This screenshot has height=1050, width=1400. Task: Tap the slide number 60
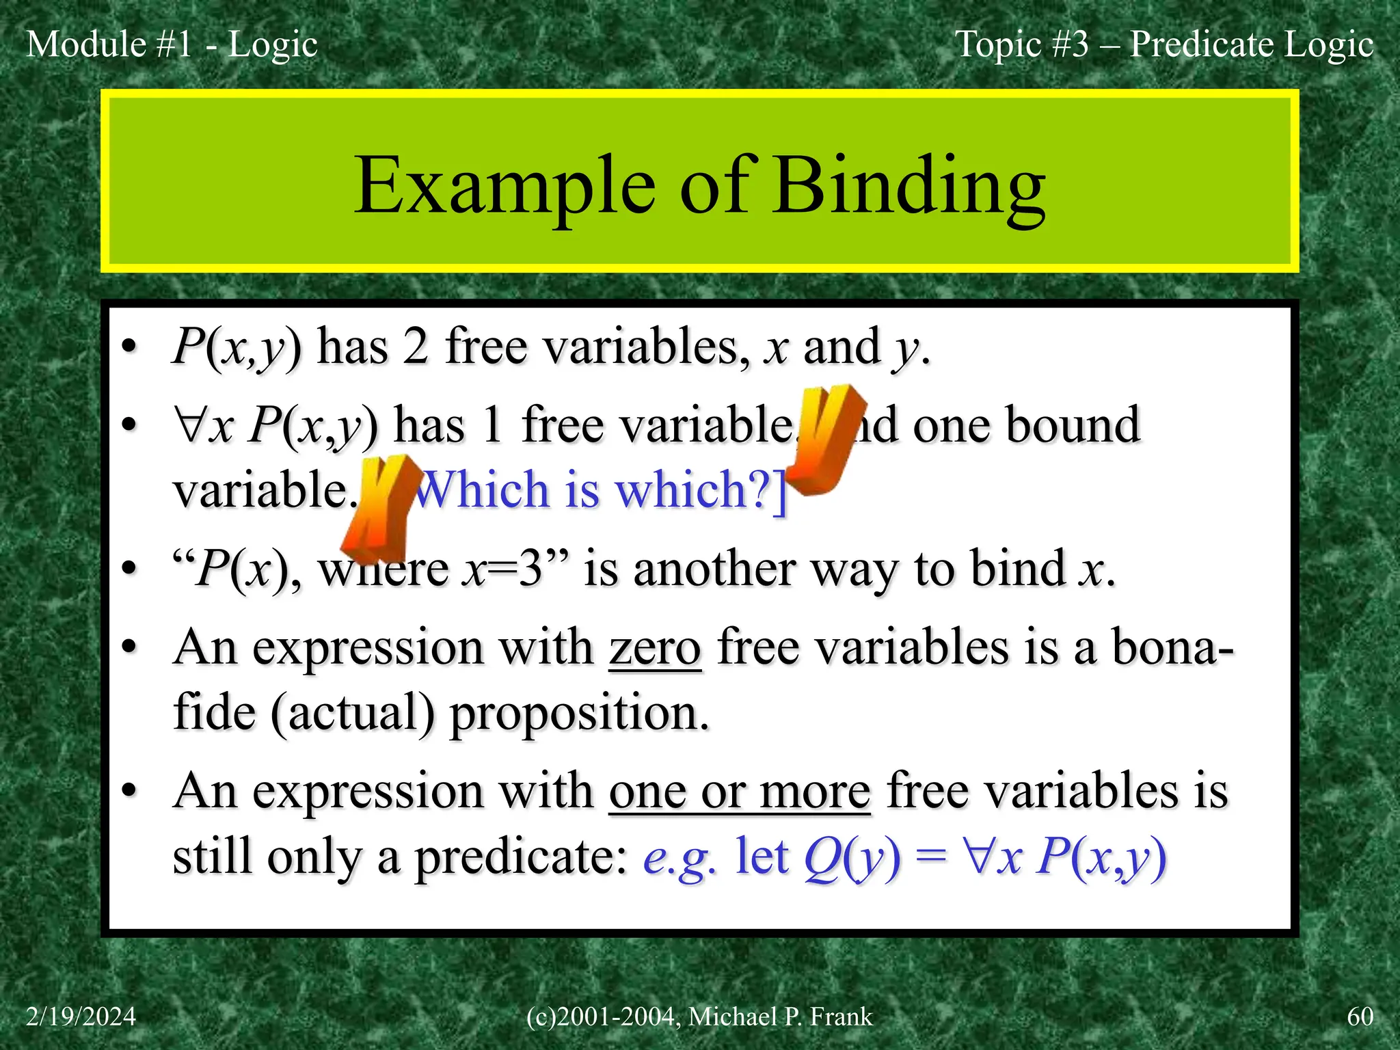[1360, 1017]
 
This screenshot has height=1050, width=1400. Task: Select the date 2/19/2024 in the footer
[81, 1017]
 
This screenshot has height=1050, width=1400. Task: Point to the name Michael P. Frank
[780, 1017]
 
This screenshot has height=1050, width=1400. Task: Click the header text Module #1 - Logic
[172, 44]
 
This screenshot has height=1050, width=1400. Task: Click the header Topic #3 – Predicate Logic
[1163, 44]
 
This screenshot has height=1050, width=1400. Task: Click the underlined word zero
[655, 647]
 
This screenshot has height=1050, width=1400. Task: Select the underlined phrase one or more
[740, 792]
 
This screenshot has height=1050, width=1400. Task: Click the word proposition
[579, 712]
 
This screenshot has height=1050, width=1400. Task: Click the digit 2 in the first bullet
[416, 347]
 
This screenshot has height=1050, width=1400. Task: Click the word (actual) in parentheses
[352, 712]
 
